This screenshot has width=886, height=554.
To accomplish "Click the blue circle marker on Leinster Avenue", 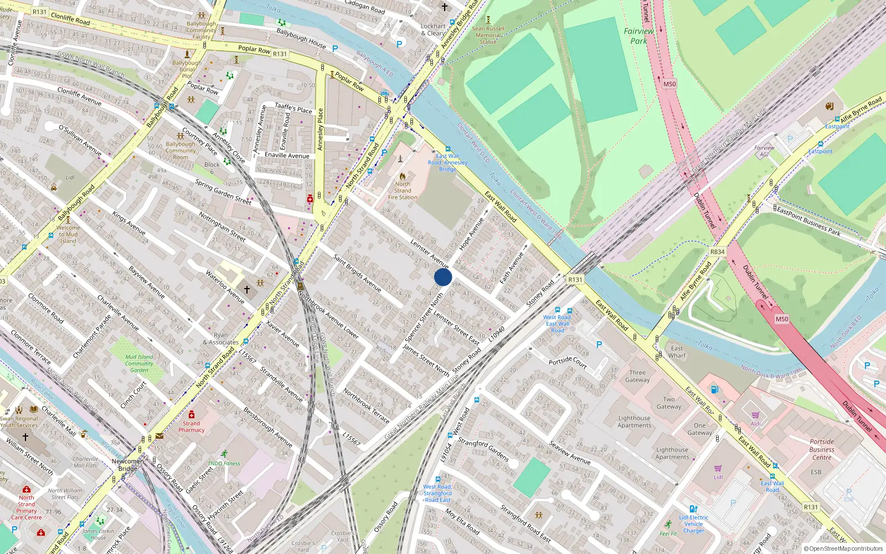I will click(x=443, y=277).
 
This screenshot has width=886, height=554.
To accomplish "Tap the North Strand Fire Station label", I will click(x=403, y=191).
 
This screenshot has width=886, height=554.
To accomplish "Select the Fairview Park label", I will click(x=638, y=36).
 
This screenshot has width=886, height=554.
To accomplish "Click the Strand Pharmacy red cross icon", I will click(x=192, y=415).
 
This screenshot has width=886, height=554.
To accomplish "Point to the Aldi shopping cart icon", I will click(x=756, y=415).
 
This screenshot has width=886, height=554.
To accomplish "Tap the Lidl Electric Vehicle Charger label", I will click(x=693, y=524).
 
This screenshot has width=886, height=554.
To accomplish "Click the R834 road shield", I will click(x=717, y=252).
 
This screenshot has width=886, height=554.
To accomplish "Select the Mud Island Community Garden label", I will click(x=139, y=363).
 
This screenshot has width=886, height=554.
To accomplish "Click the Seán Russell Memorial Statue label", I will click(x=488, y=35).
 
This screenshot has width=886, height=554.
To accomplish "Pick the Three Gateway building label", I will click(x=637, y=376).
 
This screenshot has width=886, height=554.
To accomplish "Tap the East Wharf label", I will click(x=677, y=352).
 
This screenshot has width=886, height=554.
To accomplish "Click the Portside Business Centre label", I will click(x=822, y=449).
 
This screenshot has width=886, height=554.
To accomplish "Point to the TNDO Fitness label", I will click(x=224, y=463).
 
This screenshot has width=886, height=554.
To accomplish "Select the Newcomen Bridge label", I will click(x=127, y=465).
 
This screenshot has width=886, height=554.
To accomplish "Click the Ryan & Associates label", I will click(x=220, y=338).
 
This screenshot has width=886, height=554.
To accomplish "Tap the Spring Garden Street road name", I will click(x=223, y=192).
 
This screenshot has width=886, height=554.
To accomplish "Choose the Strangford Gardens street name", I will click(x=483, y=449).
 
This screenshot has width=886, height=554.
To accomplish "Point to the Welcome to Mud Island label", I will click(x=68, y=234).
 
